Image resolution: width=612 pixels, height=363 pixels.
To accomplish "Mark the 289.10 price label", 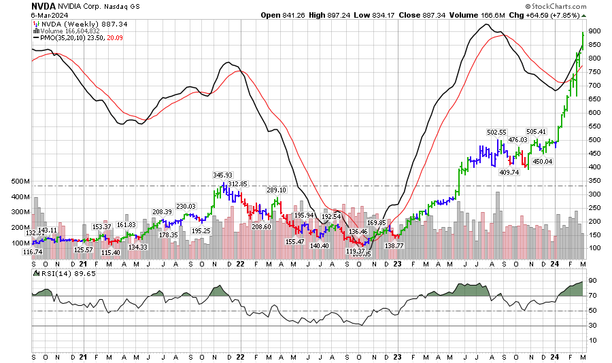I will tap(276, 190).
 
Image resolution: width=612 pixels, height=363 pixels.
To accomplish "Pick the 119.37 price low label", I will tap(355, 252).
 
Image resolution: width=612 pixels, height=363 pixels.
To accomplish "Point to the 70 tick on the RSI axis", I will tap(592, 296).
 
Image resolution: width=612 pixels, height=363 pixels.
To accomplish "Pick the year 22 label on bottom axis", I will tap(240, 357).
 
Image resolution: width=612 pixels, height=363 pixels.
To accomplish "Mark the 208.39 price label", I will tap(162, 212).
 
